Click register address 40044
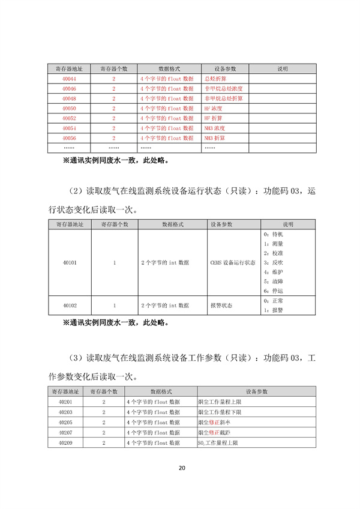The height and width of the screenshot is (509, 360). pos(69,79)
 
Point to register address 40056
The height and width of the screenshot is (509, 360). pos(69,138)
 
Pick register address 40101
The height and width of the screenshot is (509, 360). pos(69,263)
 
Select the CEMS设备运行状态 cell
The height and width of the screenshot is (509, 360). pos(233,263)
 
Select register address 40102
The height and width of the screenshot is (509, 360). pos(69,306)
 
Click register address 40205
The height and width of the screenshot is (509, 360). pos(65,422)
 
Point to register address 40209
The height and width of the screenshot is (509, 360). pos(65,442)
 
